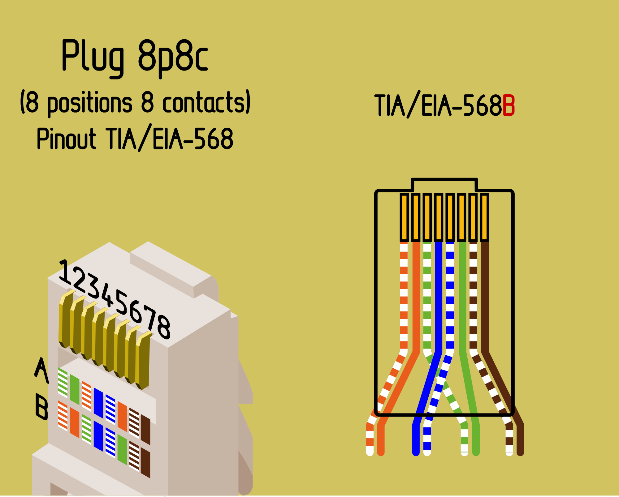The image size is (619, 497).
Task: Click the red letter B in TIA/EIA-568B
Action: (509, 105)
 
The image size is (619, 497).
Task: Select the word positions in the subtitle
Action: (90, 103)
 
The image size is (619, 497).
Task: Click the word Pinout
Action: (66, 139)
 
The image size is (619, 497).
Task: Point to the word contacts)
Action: (206, 102)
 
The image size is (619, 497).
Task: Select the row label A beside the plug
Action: (41, 370)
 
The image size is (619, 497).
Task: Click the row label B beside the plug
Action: (42, 406)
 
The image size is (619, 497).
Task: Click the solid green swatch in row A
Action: (75, 389)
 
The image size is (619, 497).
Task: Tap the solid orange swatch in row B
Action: (75, 422)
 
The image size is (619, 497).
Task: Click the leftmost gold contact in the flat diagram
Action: (404, 217)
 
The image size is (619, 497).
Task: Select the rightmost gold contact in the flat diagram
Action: (484, 217)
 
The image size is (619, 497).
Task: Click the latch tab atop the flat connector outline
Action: (444, 185)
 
